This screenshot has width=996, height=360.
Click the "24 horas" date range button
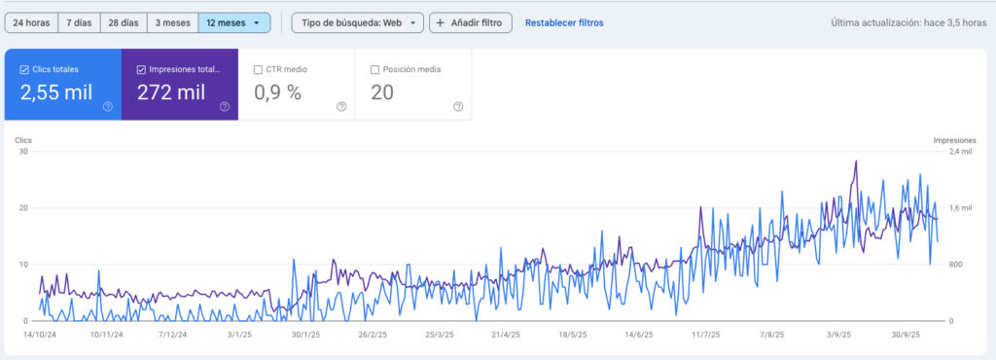click(31, 22)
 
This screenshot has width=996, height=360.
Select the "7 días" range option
click(80, 22)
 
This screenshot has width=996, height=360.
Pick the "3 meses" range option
click(173, 22)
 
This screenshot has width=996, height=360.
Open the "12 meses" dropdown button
click(233, 22)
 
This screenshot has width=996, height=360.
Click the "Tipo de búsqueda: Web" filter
click(357, 22)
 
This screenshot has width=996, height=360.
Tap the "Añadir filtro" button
click(471, 22)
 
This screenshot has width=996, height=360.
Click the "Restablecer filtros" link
click(563, 22)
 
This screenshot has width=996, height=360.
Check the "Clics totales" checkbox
click(25, 69)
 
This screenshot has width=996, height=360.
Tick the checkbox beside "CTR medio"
click(258, 69)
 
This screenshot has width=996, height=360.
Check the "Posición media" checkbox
click(375, 69)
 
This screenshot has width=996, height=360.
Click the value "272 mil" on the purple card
click(171, 92)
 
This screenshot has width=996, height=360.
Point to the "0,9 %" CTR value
click(278, 92)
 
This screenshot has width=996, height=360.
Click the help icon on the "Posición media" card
click(458, 106)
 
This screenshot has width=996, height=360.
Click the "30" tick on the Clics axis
click(22, 152)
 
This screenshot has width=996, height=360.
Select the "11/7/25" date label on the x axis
click(707, 335)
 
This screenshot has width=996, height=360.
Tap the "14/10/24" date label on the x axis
click(41, 335)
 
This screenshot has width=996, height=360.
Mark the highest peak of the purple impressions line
click(856, 162)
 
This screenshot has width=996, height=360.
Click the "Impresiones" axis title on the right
click(954, 140)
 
